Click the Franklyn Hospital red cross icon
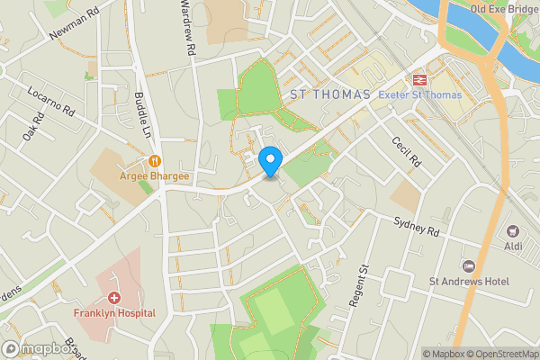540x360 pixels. point(115,297)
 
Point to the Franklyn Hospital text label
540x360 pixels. point(114,313)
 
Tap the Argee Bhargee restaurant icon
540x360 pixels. point(155,161)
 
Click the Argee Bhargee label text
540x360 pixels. point(154,176)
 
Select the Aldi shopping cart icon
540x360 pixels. point(514,232)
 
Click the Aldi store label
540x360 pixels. point(514,247)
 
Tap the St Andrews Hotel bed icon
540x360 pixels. point(468,265)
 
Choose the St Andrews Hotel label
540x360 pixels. point(468,282)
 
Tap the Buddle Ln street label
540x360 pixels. point(142,112)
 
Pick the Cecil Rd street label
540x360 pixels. point(406,151)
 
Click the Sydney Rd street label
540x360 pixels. point(416,226)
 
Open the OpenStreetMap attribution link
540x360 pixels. point(501,353)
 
